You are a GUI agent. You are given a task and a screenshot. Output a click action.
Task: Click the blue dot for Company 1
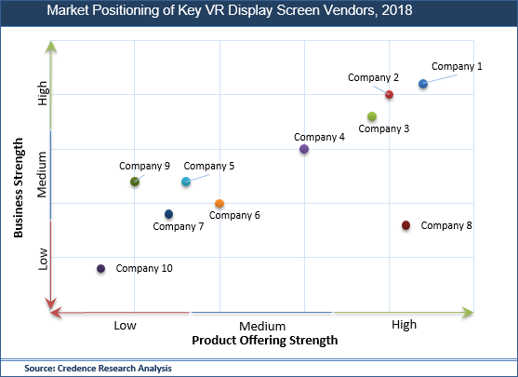423,84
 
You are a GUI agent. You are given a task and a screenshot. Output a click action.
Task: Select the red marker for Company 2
389,95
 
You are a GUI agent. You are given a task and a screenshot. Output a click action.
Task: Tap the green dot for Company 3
372,116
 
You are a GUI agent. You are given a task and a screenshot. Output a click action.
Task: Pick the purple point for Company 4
304,149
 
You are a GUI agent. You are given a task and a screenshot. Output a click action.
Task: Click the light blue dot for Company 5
186,182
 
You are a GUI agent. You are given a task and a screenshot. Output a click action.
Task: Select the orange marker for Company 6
219,203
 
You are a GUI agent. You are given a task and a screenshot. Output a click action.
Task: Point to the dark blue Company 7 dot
168,214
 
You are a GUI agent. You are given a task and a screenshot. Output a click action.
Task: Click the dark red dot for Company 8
405,225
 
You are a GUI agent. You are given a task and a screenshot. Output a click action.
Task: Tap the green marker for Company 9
135,182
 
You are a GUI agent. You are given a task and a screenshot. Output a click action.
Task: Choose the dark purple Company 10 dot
100,269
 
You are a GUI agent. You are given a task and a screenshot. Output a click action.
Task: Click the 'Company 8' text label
446,225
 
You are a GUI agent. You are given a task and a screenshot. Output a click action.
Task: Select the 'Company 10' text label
144,269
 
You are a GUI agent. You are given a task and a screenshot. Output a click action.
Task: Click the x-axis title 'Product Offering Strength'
264,341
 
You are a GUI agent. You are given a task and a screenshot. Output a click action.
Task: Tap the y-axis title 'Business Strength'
19,189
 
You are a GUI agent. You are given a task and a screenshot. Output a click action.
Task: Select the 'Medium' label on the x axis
261,326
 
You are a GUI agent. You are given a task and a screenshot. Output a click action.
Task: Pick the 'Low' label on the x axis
126,325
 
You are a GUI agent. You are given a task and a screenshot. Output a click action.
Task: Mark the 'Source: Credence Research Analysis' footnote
98,369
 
